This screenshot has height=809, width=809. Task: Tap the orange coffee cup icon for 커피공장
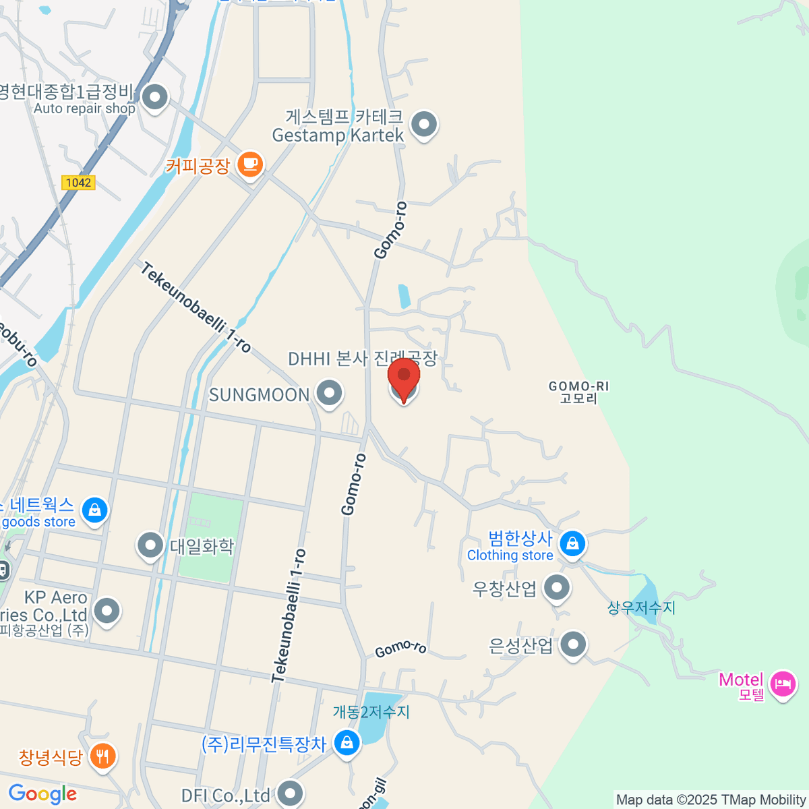click(x=250, y=164)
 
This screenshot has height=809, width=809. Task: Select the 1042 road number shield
click(x=78, y=183)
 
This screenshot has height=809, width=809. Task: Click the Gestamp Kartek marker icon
click(x=424, y=124)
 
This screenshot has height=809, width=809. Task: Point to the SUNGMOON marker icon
click(x=329, y=394)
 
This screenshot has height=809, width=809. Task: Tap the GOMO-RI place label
click(x=578, y=392)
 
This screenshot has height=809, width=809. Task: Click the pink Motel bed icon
click(x=782, y=684)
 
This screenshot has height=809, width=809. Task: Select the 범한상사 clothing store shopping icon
click(x=572, y=543)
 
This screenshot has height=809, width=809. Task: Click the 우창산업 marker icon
click(x=556, y=588)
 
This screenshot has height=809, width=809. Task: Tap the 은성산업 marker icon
click(x=573, y=645)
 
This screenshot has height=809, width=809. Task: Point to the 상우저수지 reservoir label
click(x=641, y=607)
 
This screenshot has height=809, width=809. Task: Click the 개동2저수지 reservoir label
click(x=371, y=712)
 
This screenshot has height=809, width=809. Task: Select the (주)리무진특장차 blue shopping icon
click(x=347, y=743)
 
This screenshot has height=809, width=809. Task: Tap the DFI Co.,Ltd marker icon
click(x=290, y=793)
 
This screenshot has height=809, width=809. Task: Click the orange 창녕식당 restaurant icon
click(x=102, y=756)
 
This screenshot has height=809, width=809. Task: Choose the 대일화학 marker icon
click(x=150, y=545)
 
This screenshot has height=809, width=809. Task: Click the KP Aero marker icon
click(x=107, y=611)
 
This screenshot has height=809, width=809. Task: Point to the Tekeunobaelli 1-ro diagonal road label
click(x=196, y=307)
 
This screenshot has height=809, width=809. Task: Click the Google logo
click(x=42, y=793)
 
